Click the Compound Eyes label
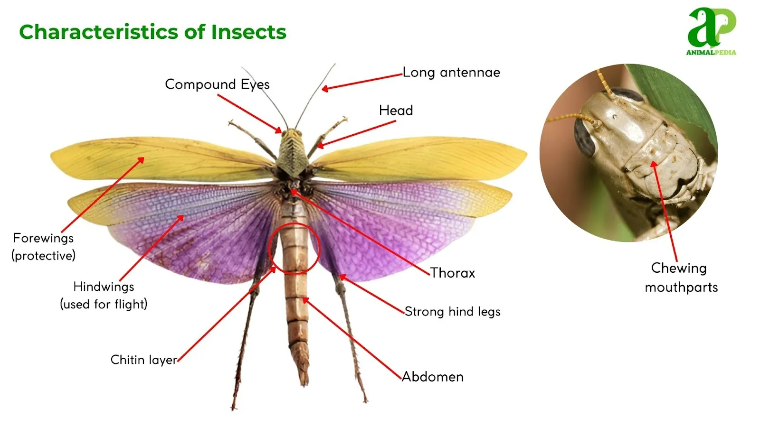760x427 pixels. point(217,84)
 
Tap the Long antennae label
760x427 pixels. point(451,73)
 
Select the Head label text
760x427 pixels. point(396,111)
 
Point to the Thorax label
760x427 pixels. point(453,273)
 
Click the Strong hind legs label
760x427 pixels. point(453,312)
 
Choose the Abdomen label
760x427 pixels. point(433,377)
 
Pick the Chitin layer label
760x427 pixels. point(144,360)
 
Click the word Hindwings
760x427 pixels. point(104,287)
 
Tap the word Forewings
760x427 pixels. point(43,238)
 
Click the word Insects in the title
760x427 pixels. point(249,32)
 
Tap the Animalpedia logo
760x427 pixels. point(712,31)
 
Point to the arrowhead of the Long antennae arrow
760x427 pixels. point(325,89)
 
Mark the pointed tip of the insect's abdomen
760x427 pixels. point(304,385)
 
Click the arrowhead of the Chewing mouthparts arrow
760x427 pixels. point(654,165)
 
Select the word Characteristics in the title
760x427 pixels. point(98,32)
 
